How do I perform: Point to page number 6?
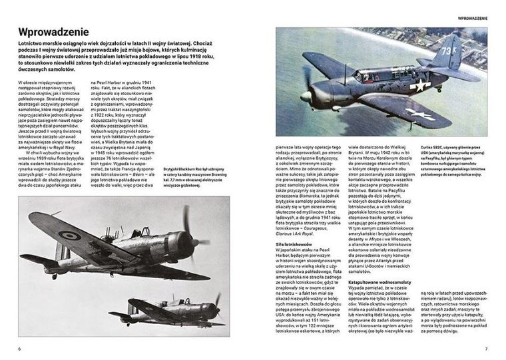tap(19, 348)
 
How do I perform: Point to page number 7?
tap(487, 348)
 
